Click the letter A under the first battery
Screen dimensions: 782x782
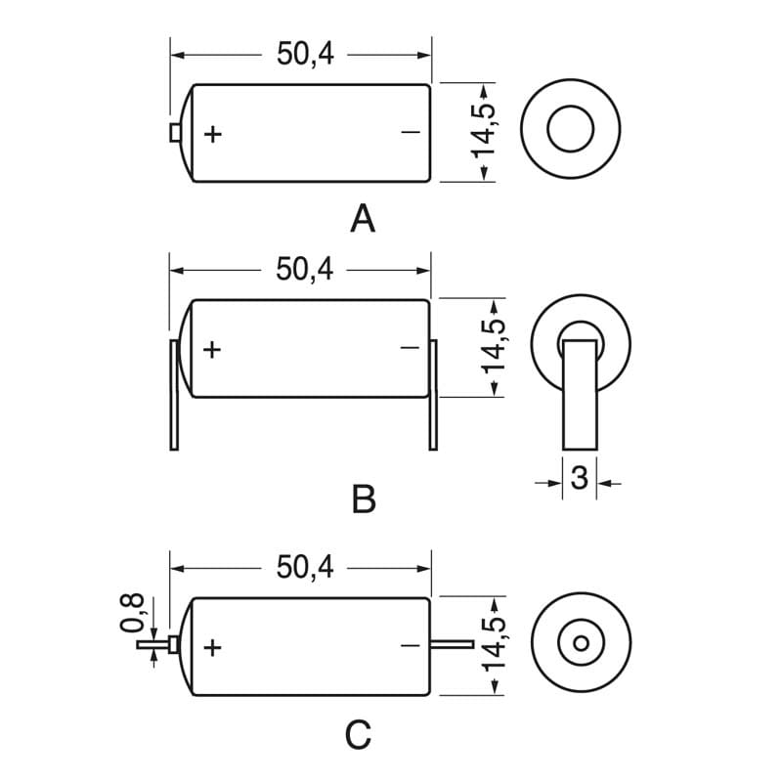(363, 219)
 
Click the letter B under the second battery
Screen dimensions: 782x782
(363, 500)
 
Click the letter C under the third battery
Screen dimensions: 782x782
(360, 734)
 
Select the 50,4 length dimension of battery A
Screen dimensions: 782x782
(305, 55)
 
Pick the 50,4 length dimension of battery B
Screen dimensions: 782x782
(305, 269)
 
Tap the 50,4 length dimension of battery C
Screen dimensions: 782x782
(305, 567)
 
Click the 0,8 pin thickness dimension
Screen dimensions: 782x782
(135, 613)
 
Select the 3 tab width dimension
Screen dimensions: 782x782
(579, 479)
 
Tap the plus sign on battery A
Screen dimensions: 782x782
(213, 133)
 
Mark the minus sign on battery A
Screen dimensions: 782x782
(411, 132)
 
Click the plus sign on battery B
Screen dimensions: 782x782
(213, 348)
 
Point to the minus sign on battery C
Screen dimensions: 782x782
(411, 645)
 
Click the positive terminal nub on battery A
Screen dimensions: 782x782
(175, 133)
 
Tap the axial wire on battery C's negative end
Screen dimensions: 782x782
(452, 645)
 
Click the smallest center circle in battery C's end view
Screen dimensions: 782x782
(581, 644)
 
